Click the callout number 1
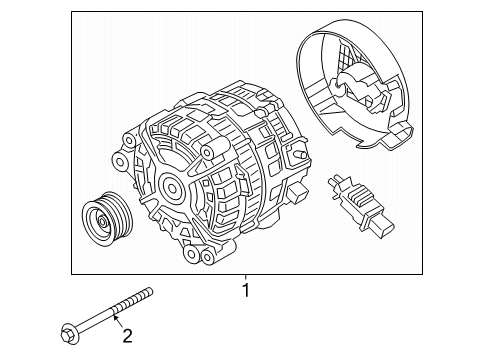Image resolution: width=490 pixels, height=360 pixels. pyautogui.click(x=246, y=290)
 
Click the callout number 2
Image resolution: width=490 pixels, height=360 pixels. pyautogui.click(x=127, y=336)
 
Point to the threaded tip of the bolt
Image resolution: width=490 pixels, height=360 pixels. pyautogui.click(x=149, y=292)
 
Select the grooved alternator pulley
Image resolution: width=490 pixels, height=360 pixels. pyautogui.click(x=107, y=219)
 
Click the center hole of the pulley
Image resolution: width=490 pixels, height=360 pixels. pyautogui.click(x=102, y=221)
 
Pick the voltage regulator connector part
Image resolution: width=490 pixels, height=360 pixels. pyautogui.click(x=361, y=204)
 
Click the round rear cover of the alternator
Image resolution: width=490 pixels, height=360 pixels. pyautogui.click(x=354, y=84)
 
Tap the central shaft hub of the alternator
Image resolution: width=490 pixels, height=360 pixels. pyautogui.click(x=172, y=189)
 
